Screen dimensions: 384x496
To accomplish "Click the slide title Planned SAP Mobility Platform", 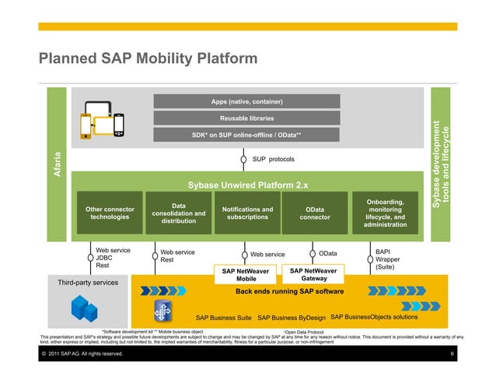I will click(148, 59).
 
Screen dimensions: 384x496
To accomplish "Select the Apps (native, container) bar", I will click(246, 101).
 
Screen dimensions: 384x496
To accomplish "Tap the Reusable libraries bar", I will click(246, 118).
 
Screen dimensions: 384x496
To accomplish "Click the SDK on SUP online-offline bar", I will click(246, 135).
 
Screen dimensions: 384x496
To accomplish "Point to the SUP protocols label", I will click(273, 160).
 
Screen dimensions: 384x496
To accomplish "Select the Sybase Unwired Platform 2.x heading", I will click(247, 185).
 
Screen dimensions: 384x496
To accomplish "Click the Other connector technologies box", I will click(110, 213).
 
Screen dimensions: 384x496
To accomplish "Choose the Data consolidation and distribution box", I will click(178, 213).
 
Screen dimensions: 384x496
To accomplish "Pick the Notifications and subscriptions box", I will click(247, 213).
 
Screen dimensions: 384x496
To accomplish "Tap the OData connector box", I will click(315, 213).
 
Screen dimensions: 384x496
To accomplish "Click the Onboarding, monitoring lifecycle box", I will click(385, 213).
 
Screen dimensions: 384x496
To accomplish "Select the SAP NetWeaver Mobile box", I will click(246, 275).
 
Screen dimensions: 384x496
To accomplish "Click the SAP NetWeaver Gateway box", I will click(313, 274).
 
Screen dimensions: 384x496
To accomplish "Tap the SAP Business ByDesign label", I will click(291, 317).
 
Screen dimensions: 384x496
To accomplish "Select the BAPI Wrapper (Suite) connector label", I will click(387, 259).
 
